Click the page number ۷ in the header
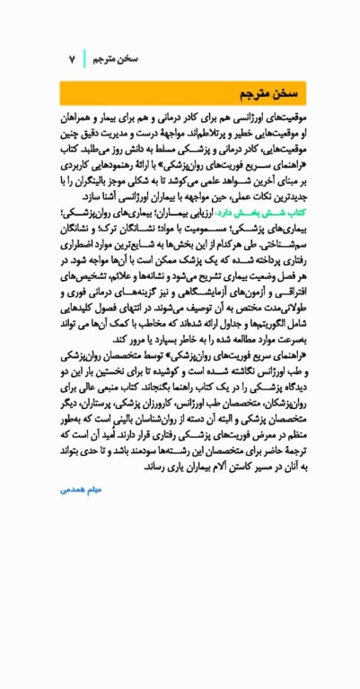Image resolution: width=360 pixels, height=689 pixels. pyautogui.click(x=71, y=58)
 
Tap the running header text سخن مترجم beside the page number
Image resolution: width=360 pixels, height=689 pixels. pyautogui.click(x=114, y=58)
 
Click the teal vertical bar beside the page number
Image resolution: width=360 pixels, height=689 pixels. pyautogui.click(x=86, y=58)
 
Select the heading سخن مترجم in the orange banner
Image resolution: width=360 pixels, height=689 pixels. pyautogui.click(x=267, y=94)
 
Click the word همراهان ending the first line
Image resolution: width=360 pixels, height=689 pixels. pyautogui.click(x=84, y=118)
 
